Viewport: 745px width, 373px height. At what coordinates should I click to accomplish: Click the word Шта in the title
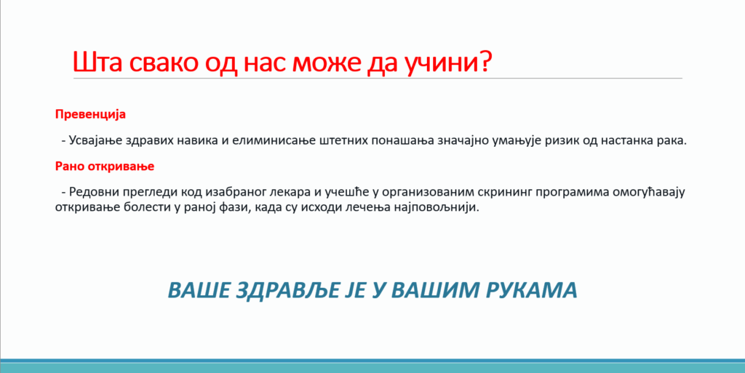[x=97, y=62]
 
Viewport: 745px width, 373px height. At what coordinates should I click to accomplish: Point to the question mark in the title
[x=484, y=61]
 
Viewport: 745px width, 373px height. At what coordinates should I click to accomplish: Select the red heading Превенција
[x=90, y=115]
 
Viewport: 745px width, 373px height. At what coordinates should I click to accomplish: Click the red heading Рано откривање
[x=105, y=167]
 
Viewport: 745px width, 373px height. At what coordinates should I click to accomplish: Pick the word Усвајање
[x=92, y=141]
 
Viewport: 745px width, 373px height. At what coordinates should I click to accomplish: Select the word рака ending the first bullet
[x=671, y=140]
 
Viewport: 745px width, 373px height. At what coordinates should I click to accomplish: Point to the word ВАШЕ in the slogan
[x=199, y=290]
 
